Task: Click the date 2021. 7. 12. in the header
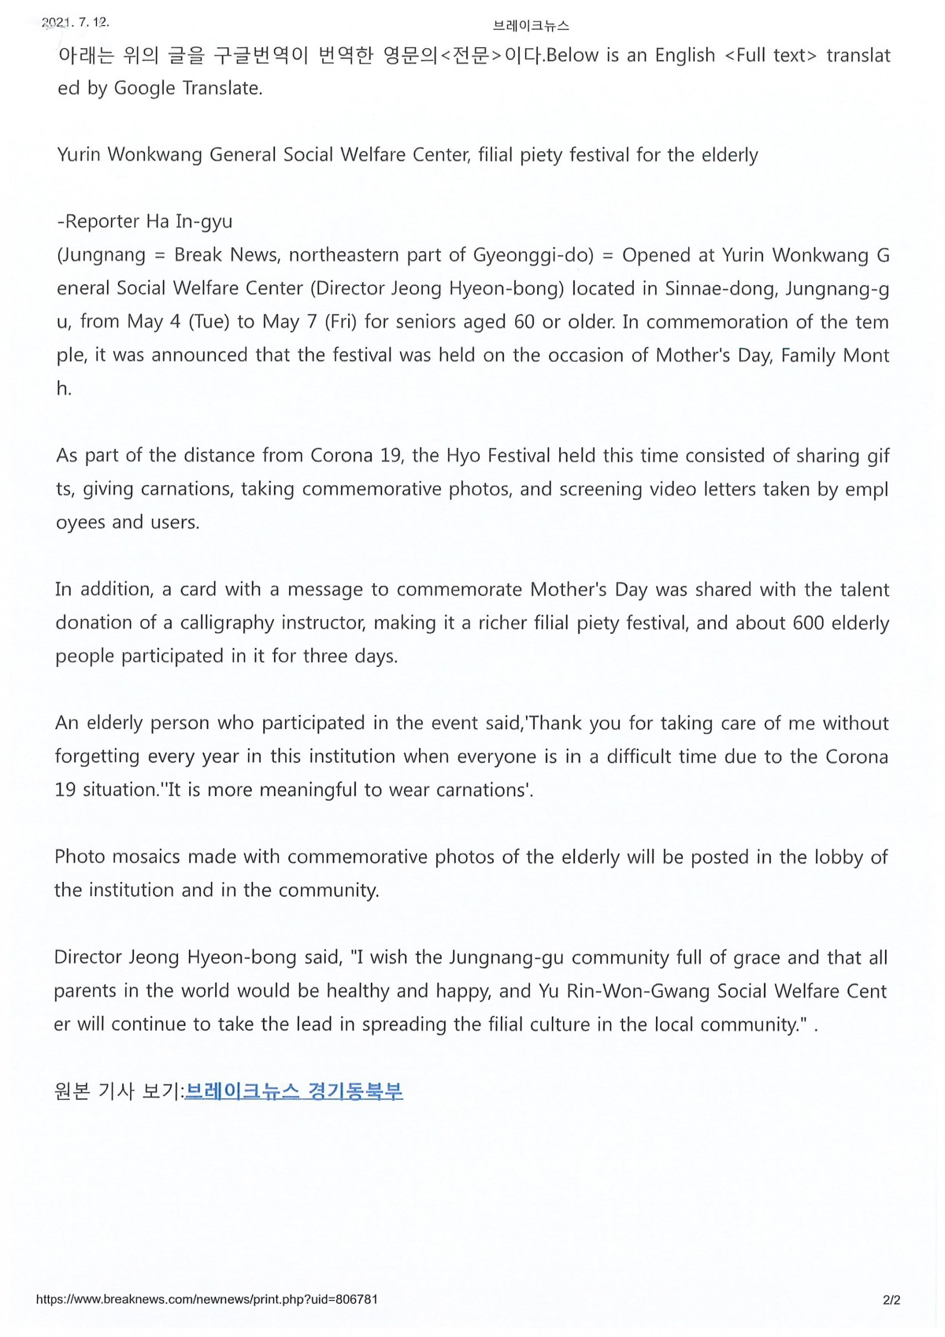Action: [x=76, y=23]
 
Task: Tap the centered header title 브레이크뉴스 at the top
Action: [x=531, y=26]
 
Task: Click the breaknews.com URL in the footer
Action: [x=207, y=1299]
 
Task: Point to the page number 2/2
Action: [x=891, y=1300]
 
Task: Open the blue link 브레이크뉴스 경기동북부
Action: [x=294, y=1091]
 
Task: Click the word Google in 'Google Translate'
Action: [x=145, y=88]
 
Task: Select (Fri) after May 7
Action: [x=335, y=322]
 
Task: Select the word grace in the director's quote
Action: [x=756, y=957]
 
